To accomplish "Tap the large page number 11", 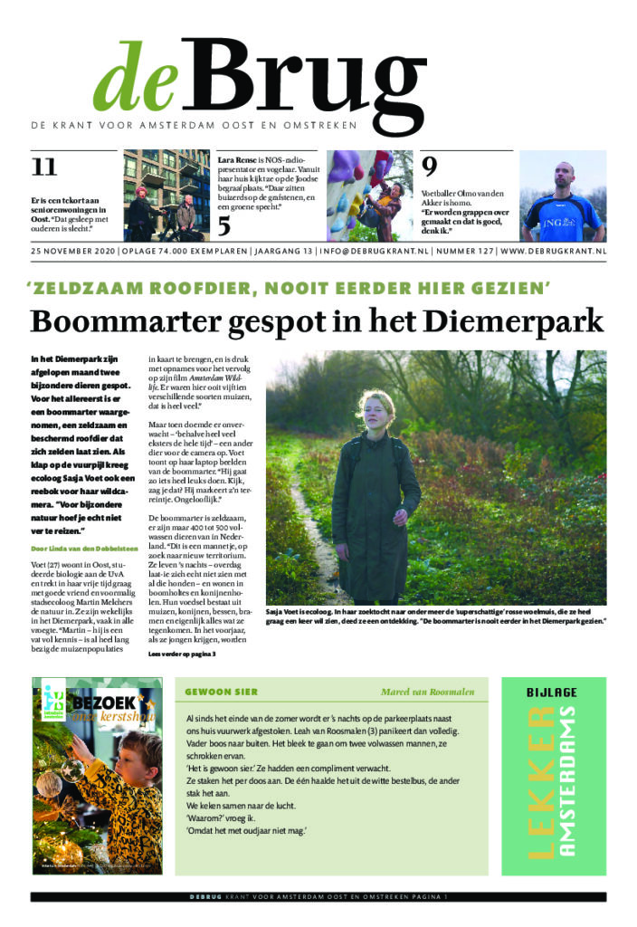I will tap(43, 167).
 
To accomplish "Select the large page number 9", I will tap(430, 166).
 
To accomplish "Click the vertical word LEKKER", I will tap(539, 782).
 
